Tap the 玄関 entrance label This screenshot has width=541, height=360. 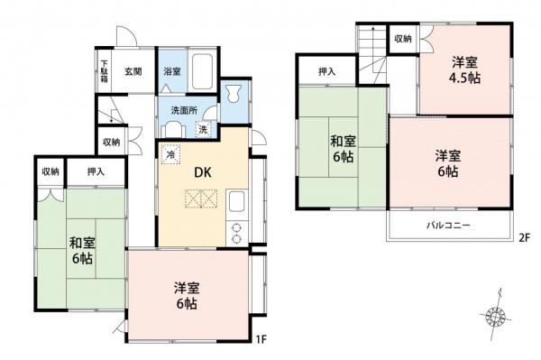point(133,71)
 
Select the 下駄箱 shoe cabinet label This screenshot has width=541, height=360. point(105,70)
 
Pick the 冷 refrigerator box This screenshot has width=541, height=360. point(171,154)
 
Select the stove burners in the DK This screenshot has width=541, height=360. point(237,229)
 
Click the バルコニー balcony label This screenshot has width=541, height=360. point(447,226)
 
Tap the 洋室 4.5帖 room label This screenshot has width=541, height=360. point(466,70)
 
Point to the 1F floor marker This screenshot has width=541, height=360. point(259,339)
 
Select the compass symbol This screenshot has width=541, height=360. point(494,313)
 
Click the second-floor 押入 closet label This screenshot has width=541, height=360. point(327,72)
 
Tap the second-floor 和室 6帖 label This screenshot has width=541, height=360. point(341,148)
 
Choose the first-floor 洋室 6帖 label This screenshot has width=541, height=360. point(187,295)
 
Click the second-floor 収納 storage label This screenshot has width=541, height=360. point(402,39)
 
